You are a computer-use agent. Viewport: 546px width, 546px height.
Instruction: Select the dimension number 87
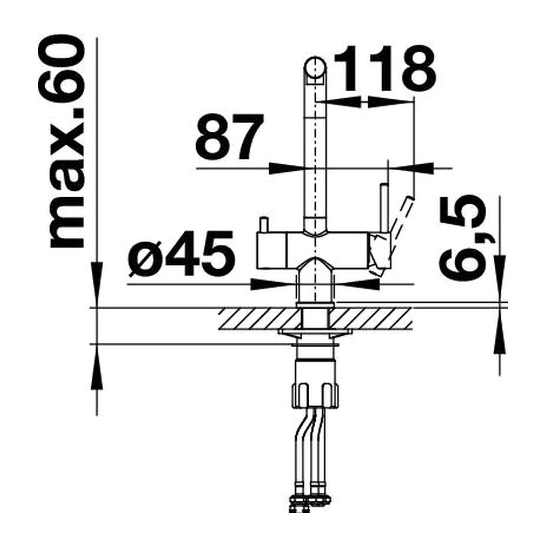tap(229, 137)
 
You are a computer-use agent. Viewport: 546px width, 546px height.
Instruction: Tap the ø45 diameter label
tap(181, 253)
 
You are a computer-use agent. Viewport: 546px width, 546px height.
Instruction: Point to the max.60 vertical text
tap(62, 141)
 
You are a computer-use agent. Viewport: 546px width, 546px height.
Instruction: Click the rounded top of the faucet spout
tap(316, 66)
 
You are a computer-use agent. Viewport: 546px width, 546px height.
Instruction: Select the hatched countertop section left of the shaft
tap(260, 318)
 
